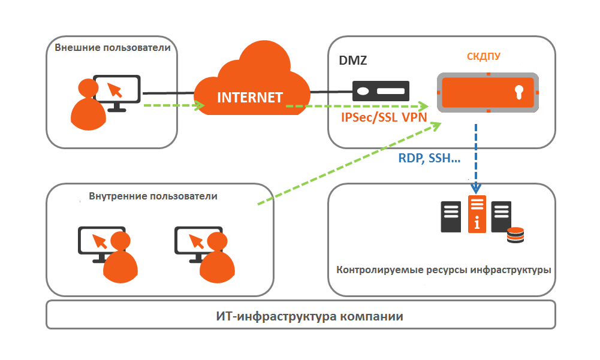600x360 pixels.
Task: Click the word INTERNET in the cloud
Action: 249,98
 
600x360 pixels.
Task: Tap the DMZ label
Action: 352,60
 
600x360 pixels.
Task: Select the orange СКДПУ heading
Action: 483,57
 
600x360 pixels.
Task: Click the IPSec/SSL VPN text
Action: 384,117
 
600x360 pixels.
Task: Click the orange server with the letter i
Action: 477,214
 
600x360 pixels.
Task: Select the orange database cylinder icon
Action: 515,235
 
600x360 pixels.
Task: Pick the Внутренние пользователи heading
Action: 153,196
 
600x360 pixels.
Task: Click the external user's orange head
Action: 88,87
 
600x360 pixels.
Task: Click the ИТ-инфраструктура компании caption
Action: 300,316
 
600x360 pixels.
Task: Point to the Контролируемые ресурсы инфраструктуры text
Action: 444,270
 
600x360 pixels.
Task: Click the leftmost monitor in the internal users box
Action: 99,240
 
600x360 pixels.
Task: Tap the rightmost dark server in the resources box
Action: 500,216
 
